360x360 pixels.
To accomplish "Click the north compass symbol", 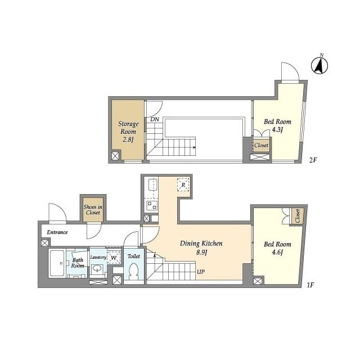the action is tap(319, 65).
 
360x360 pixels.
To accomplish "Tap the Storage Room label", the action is tap(128, 132).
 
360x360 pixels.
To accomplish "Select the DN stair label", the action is tap(155, 119).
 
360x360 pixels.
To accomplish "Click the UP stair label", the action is tap(201, 272).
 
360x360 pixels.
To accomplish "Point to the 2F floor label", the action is tap(313, 160).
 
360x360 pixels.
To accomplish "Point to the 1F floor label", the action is tap(310, 285).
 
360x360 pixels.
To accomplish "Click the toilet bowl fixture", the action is tap(133, 271).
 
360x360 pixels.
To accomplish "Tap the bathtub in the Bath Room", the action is tap(57, 263).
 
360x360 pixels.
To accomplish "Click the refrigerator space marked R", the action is tap(183, 184).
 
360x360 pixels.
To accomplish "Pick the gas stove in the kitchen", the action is tap(152, 205).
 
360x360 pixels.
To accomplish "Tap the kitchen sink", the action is tap(152, 185).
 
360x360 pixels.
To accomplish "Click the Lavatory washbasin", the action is tap(97, 269).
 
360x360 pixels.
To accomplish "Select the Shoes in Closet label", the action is tap(93, 210).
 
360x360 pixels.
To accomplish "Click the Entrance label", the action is tap(57, 232).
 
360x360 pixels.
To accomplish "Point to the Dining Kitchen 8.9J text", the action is tap(201, 247).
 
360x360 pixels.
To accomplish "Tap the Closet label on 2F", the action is tap(261, 145).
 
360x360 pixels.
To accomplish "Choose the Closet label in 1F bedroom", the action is tap(298, 216).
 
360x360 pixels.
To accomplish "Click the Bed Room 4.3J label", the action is tap(277, 125).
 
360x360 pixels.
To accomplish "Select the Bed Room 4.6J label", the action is tap(277, 248).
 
